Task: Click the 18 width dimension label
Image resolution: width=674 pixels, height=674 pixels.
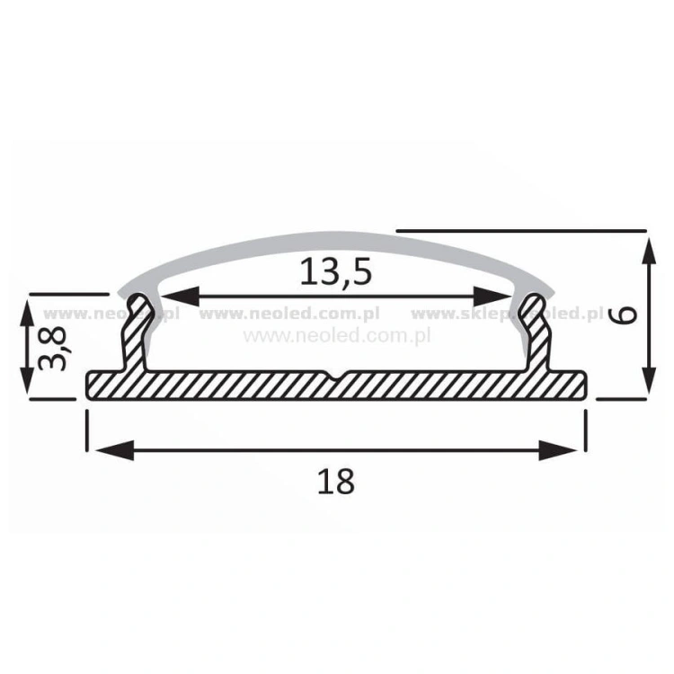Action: (335, 482)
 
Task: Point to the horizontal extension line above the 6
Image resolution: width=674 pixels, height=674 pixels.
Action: (521, 228)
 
